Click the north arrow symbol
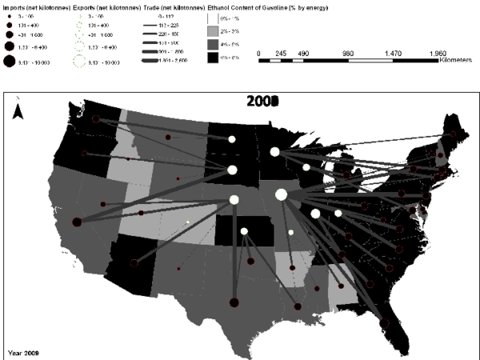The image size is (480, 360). pos(23,113)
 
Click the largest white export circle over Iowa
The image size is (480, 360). pos(282,194)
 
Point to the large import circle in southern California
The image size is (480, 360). pos(77,222)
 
